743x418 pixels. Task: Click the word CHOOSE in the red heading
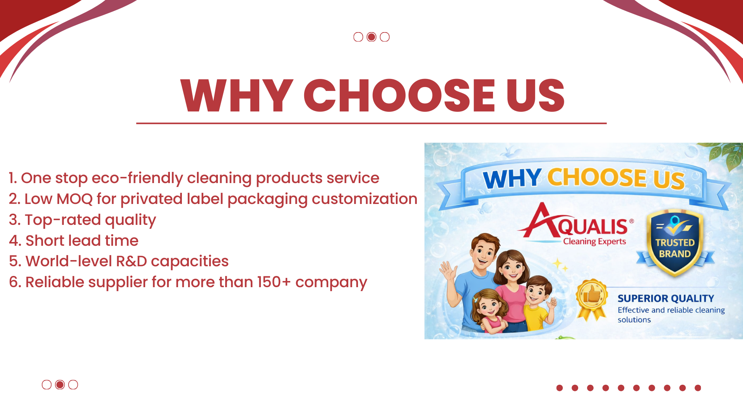coord(399,95)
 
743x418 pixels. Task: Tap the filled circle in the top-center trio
coord(371,37)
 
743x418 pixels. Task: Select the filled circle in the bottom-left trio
coord(60,384)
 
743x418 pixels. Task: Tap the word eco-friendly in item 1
coord(137,178)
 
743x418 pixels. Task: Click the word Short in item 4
coord(44,241)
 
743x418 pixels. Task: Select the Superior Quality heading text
coord(666,298)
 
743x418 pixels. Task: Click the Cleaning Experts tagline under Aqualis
coord(594,242)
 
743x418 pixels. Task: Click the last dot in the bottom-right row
coord(698,388)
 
